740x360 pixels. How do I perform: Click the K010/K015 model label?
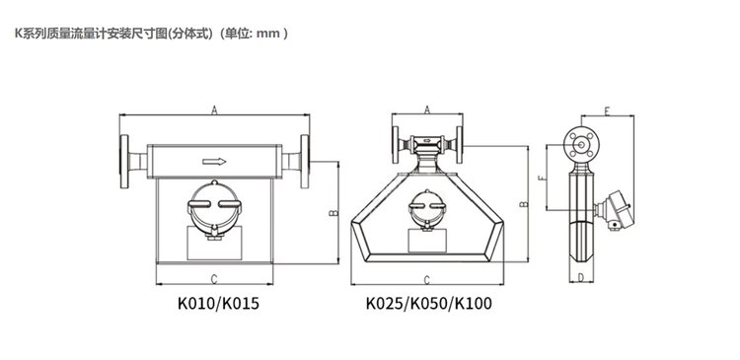pos(218,304)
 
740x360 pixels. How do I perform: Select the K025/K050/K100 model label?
pos(428,304)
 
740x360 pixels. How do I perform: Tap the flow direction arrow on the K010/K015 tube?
pos(214,162)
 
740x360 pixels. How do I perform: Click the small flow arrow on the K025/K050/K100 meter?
pos(427,140)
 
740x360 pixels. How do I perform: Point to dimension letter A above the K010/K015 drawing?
pos(214,109)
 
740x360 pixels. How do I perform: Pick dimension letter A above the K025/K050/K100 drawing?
pos(427,109)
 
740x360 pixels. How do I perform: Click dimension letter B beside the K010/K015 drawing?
pos(334,213)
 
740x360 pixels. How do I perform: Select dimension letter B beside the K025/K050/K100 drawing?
pos(523,204)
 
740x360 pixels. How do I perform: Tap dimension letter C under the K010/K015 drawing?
pos(214,279)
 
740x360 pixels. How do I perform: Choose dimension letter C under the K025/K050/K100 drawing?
pos(427,280)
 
